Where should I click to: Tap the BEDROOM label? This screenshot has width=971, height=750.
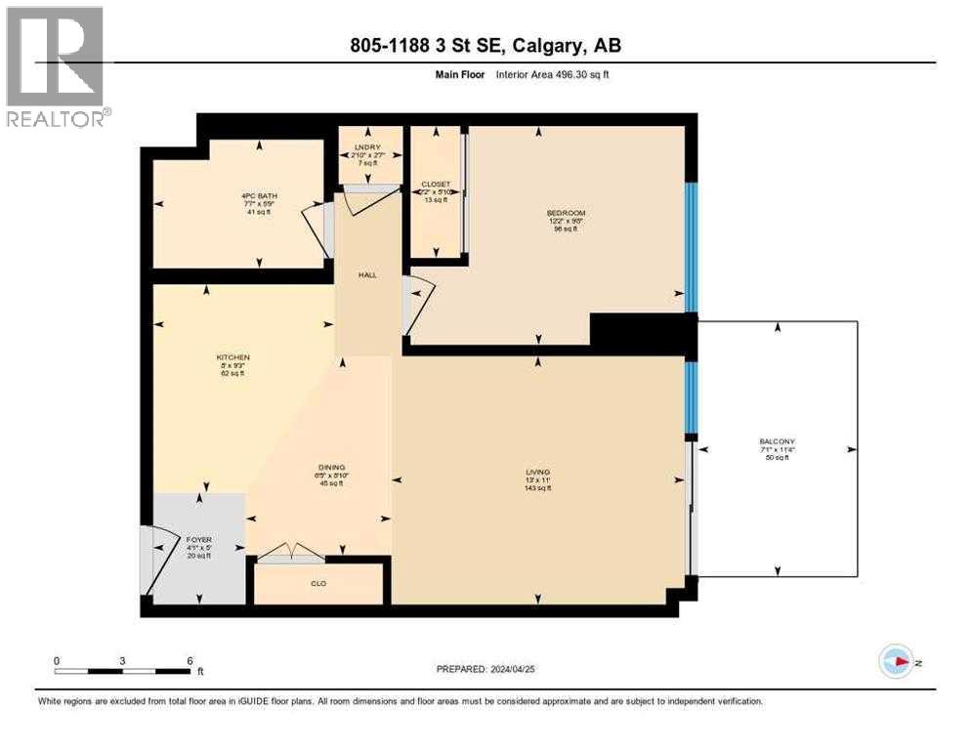[566, 213]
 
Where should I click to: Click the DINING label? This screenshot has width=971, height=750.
[329, 468]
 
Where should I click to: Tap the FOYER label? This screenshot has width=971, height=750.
[199, 539]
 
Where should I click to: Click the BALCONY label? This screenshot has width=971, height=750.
[778, 441]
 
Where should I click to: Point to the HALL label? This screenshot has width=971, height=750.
[367, 275]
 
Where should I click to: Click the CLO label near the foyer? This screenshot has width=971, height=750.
[317, 583]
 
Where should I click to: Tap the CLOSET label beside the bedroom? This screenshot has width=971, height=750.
[435, 185]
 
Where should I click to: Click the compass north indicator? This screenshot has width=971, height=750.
[896, 662]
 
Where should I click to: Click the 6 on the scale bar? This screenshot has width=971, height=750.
[190, 660]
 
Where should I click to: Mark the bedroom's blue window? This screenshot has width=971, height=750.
[692, 246]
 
